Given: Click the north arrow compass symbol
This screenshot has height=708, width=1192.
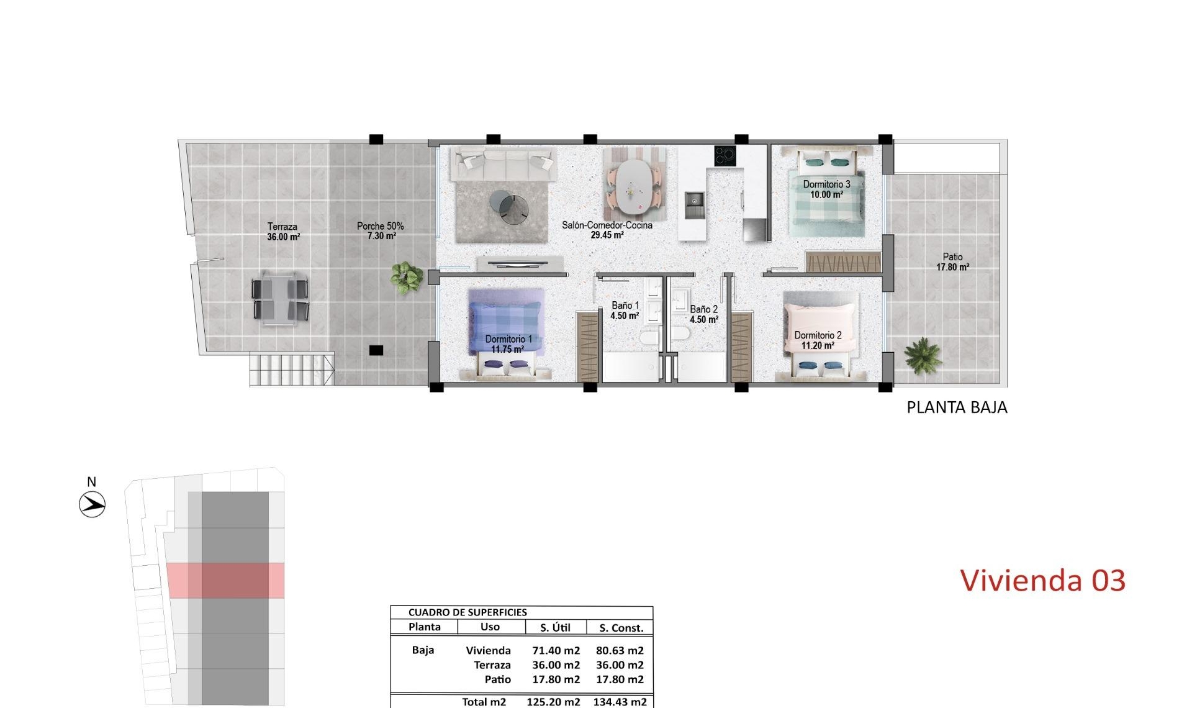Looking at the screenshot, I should point(93,504).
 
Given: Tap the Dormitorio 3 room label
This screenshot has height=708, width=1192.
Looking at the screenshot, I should point(826,189).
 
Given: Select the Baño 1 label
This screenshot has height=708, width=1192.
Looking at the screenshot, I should point(625,311).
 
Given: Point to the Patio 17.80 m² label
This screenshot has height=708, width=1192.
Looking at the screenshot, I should point(952,261).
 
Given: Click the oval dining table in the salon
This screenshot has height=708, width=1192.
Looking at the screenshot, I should point(633,185).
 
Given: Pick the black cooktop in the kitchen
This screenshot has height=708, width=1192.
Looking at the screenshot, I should point(725,155).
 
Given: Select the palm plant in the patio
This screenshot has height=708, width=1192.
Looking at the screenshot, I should point(923,355).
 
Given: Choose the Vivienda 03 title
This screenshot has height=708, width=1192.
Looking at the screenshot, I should point(1042,580).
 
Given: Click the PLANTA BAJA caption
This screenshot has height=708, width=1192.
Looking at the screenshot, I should point(957,407).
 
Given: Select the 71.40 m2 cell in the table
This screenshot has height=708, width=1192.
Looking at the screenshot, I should point(556,650).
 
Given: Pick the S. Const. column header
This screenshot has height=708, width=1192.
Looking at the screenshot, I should point(621,628).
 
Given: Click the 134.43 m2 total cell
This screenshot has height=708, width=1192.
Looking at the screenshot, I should point(620,702).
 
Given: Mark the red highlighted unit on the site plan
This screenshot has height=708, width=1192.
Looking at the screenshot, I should point(226,581).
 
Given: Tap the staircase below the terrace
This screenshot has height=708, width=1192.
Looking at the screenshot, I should point(291,370).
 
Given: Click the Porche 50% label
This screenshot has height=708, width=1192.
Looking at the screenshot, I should point(380,231).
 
